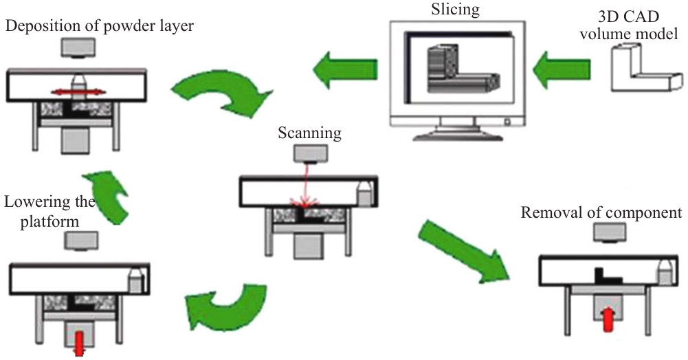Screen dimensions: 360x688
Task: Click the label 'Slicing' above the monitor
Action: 456,10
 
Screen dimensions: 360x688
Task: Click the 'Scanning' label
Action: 309,133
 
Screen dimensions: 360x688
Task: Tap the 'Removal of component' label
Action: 601,212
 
